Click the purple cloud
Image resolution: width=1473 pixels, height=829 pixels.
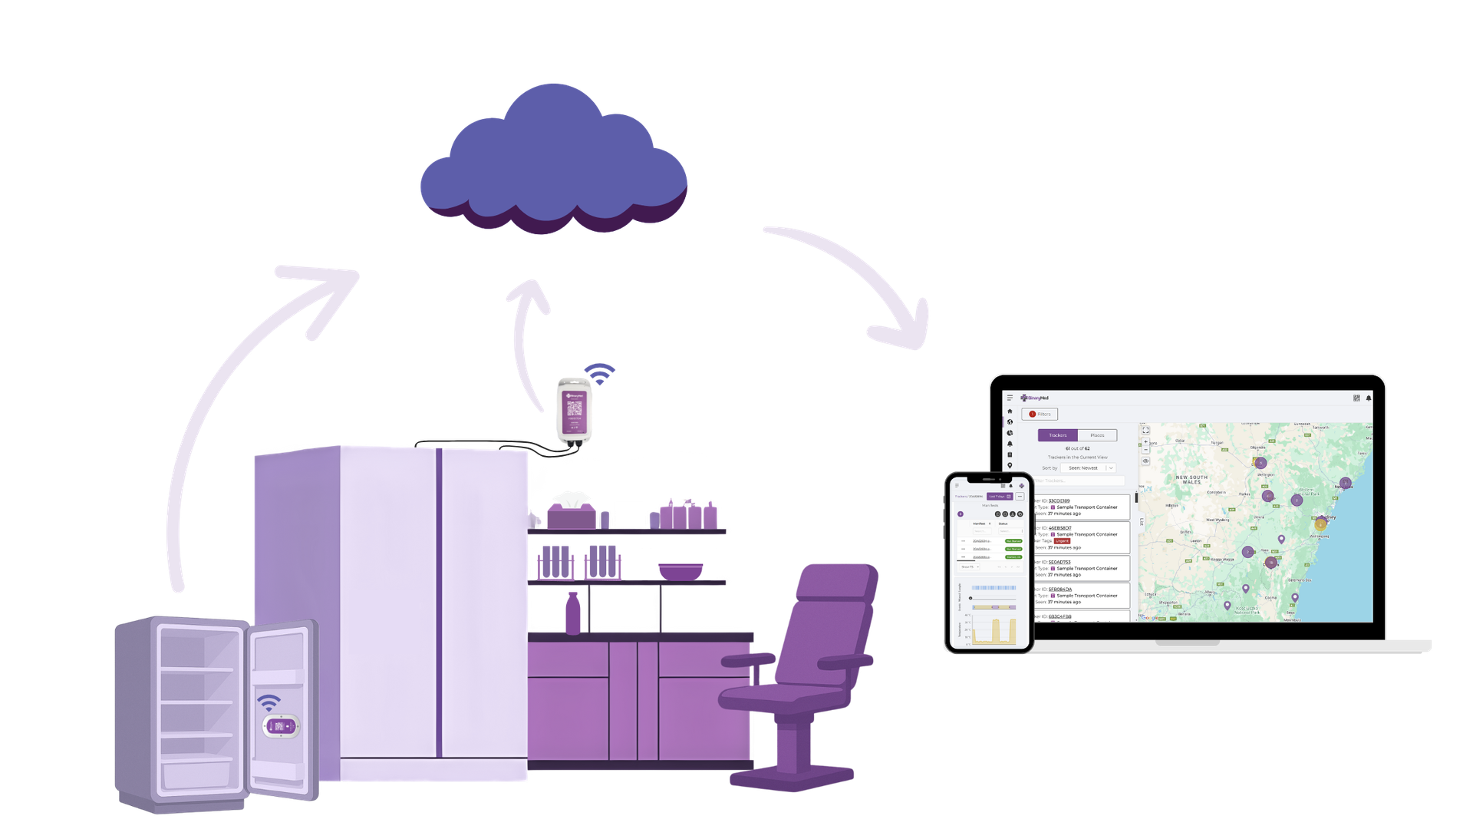pyautogui.click(x=552, y=161)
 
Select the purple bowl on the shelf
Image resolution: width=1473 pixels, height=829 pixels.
pyautogui.click(x=680, y=571)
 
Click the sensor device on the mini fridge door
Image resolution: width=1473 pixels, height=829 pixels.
pyautogui.click(x=280, y=725)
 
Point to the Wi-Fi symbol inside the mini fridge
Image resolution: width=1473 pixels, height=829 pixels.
pyautogui.click(x=269, y=702)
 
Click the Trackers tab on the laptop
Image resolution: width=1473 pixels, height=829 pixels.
pyautogui.click(x=1057, y=435)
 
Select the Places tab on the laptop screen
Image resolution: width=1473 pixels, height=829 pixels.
pyautogui.click(x=1097, y=435)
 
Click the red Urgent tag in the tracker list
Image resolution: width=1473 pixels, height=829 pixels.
pyautogui.click(x=1062, y=541)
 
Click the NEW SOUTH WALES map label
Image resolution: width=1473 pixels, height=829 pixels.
pyautogui.click(x=1191, y=479)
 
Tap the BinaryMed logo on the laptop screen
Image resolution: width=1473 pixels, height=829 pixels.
pyautogui.click(x=1035, y=398)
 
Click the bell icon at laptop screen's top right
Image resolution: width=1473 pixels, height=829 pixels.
pyautogui.click(x=1369, y=398)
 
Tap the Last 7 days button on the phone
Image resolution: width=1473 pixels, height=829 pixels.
pyautogui.click(x=999, y=497)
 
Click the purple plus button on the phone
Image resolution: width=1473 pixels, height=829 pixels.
pyautogui.click(x=961, y=514)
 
